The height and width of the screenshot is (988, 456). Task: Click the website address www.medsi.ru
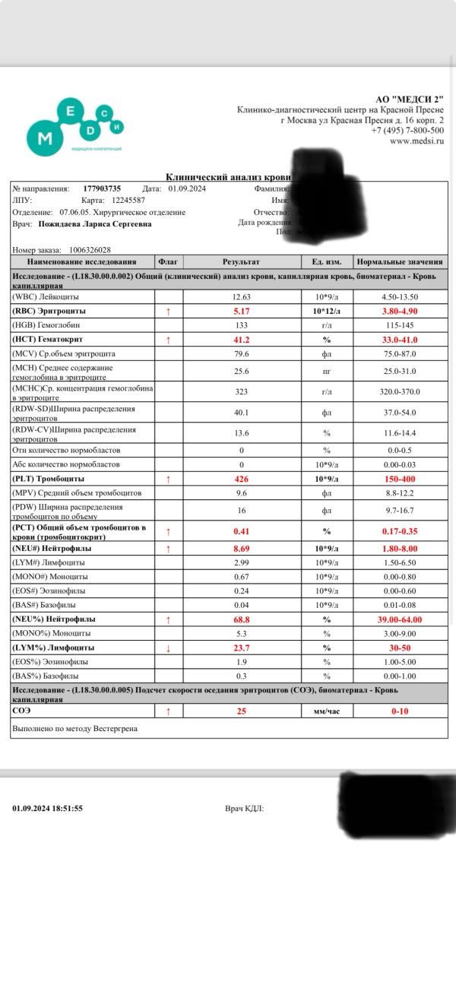tap(416, 141)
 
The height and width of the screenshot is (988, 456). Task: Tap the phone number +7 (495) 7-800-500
tap(407, 131)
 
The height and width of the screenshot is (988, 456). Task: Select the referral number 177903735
tap(102, 188)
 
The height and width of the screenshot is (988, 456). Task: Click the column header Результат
tap(241, 262)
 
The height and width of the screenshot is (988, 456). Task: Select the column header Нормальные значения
tap(400, 262)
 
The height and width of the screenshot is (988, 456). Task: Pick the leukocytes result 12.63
tap(241, 297)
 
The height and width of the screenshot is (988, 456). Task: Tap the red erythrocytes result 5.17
tap(241, 312)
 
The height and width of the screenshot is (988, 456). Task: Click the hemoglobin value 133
tap(241, 325)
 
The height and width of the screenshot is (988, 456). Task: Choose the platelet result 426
tap(241, 479)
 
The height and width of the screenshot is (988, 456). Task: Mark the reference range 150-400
tap(400, 479)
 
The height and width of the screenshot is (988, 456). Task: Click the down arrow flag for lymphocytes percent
tap(168, 648)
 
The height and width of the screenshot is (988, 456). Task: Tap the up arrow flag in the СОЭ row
tap(168, 711)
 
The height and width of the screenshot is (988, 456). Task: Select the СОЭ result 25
tap(241, 711)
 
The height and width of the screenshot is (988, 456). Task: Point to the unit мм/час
tap(327, 711)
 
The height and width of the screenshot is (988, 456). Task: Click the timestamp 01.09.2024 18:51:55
tap(47, 809)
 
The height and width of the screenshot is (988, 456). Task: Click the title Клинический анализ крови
tap(228, 176)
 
